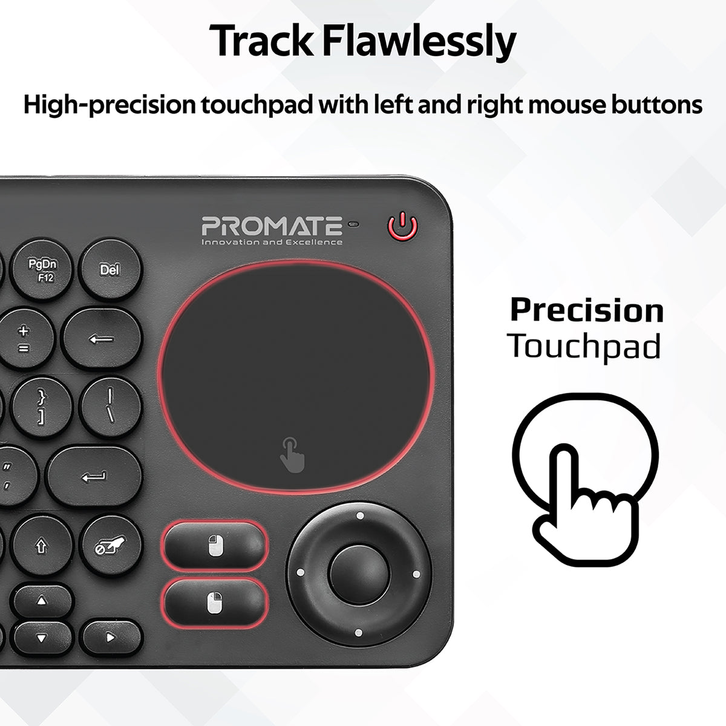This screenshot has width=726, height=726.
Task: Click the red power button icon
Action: [x=403, y=226]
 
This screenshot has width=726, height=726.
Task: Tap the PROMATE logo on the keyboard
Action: [x=272, y=230]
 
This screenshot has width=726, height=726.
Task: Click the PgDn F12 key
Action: [x=42, y=270]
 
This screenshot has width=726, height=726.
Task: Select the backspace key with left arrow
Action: [x=101, y=339]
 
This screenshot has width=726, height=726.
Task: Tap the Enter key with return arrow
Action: [x=93, y=477]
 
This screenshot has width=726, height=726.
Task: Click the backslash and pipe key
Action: [x=110, y=407]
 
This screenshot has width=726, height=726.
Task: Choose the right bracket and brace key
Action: [x=41, y=408]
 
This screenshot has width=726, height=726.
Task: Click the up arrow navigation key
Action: [x=42, y=601]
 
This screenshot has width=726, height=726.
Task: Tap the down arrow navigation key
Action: [x=42, y=638]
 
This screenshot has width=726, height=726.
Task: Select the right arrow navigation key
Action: [x=110, y=638]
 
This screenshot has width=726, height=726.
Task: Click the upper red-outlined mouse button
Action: [x=215, y=546]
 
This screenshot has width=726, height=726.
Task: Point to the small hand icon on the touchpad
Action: [x=292, y=455]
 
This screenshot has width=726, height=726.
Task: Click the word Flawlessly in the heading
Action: [x=419, y=41]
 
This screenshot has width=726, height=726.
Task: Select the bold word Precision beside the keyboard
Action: [x=587, y=311]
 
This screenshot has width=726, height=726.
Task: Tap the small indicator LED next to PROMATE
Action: [x=353, y=224]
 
